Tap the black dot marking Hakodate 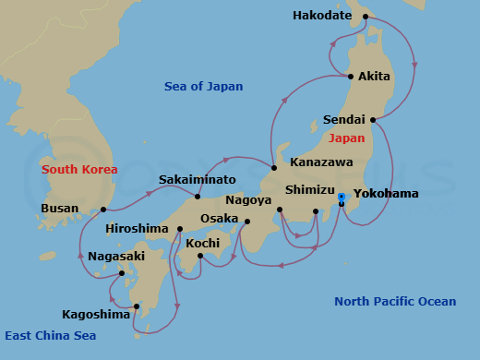tap(366, 16)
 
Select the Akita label tap(374, 76)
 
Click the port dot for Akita tap(350, 76)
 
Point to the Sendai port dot tap(373, 120)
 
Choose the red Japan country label tap(346, 138)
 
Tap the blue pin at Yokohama tap(342, 198)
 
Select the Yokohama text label tap(385, 194)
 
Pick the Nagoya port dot tap(279, 210)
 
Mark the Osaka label tap(220, 219)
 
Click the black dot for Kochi tap(200, 256)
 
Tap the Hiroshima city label tap(137, 228)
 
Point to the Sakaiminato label tap(197, 179)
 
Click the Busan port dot tap(103, 210)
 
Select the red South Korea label tap(79, 170)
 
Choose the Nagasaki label tap(117, 256)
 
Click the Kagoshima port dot tap(136, 306)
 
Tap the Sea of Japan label tap(203, 87)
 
